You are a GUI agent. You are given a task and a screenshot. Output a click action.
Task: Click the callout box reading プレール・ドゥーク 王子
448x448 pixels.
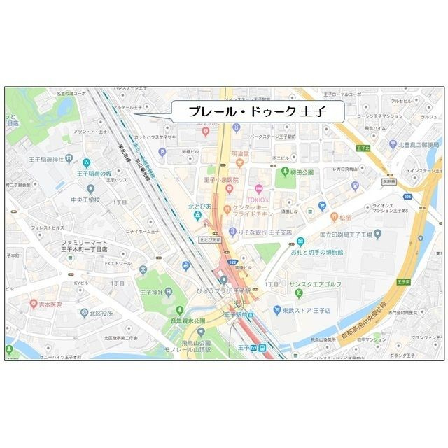click(x=257, y=111)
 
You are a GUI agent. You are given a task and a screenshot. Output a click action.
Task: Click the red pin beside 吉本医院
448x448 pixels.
click(x=34, y=304)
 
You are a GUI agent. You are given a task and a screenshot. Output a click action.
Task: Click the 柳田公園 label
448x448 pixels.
click(x=302, y=171)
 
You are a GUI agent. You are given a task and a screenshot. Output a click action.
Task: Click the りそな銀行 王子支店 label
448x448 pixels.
click(x=268, y=232)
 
